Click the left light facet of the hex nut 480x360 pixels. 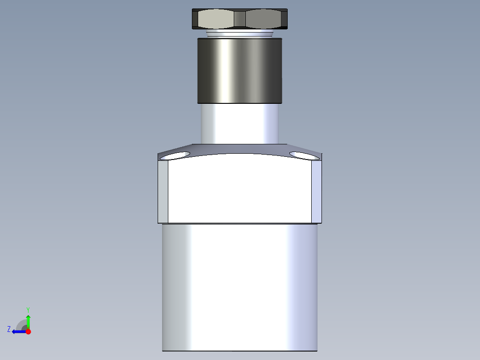[x=215, y=19]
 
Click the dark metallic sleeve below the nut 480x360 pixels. [x=240, y=70]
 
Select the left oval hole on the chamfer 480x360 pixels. [x=175, y=155]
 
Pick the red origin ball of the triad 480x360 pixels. [x=28, y=331]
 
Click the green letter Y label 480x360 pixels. [x=28, y=309]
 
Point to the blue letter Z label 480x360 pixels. [x=9, y=329]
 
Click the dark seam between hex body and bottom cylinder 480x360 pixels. [x=240, y=224]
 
